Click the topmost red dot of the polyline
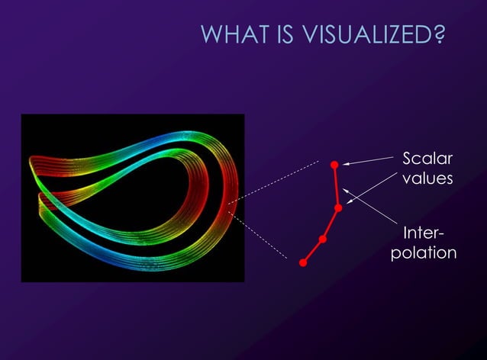(x=334, y=164)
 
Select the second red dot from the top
(x=338, y=207)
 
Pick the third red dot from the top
(x=323, y=239)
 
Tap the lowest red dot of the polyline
(x=303, y=263)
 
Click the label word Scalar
(x=427, y=159)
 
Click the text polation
(x=424, y=252)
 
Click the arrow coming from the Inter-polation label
(x=370, y=206)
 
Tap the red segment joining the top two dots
(x=336, y=185)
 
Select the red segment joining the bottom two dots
(x=313, y=252)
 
